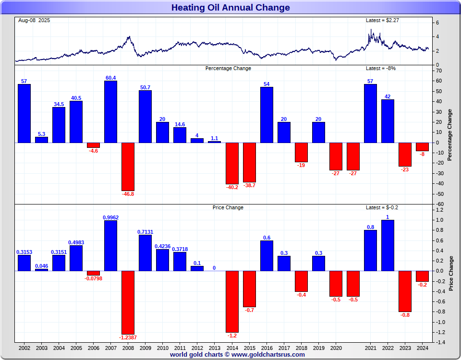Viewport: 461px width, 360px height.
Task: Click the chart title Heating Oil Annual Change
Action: (230, 7)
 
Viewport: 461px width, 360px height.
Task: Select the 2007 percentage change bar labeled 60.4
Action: (110, 111)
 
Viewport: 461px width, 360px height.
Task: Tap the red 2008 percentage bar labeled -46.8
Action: (128, 167)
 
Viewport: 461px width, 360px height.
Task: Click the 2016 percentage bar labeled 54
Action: (267, 115)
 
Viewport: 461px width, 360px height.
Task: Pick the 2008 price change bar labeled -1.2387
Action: (128, 302)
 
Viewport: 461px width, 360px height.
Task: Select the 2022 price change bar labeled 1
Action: (388, 245)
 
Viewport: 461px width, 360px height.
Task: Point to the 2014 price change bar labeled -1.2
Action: (232, 301)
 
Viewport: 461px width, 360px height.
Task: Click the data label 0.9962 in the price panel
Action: (110, 217)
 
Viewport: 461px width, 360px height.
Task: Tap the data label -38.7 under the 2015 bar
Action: (249, 185)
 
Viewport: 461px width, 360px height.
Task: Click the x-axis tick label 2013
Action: (215, 348)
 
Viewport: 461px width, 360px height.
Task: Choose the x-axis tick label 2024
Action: (422, 348)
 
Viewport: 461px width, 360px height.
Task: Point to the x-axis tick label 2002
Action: (24, 348)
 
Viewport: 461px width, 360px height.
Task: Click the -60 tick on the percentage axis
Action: (439, 204)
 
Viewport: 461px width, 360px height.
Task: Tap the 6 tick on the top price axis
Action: (437, 23)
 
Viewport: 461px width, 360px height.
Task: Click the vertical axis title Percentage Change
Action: (450, 135)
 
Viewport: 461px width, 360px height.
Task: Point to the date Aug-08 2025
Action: (34, 20)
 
